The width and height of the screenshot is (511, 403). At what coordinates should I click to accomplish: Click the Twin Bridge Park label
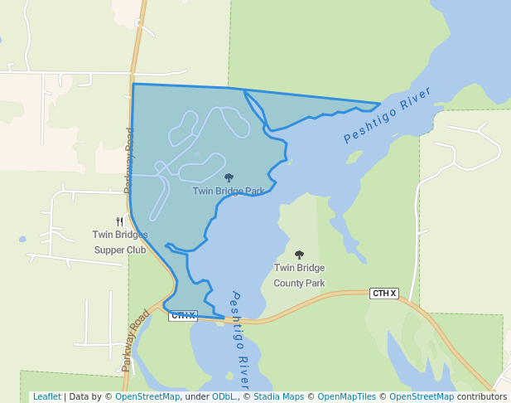229,191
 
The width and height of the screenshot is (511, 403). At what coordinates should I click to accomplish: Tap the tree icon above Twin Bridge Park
229,177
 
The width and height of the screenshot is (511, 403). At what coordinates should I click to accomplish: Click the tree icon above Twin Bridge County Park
299,255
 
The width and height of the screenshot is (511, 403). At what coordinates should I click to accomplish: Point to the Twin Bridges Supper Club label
120,242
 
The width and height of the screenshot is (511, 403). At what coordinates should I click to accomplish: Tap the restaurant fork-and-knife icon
120,221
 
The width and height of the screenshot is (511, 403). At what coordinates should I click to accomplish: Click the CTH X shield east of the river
384,294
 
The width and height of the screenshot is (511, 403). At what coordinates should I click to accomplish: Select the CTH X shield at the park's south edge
183,315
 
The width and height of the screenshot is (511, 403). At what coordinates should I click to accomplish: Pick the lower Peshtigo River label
240,340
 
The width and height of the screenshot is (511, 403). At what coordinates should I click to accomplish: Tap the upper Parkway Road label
129,161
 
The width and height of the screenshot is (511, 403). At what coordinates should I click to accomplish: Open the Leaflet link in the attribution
46,396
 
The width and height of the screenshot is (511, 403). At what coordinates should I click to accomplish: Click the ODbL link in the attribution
225,396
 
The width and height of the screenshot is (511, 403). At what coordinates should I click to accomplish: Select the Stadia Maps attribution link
277,396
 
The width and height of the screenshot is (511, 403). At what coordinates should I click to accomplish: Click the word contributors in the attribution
481,396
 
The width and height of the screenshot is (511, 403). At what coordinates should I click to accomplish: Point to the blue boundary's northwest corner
133,84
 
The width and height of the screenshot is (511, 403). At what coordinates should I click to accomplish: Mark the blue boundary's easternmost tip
380,104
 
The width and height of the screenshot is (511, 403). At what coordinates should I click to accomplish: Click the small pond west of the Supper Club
22,239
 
